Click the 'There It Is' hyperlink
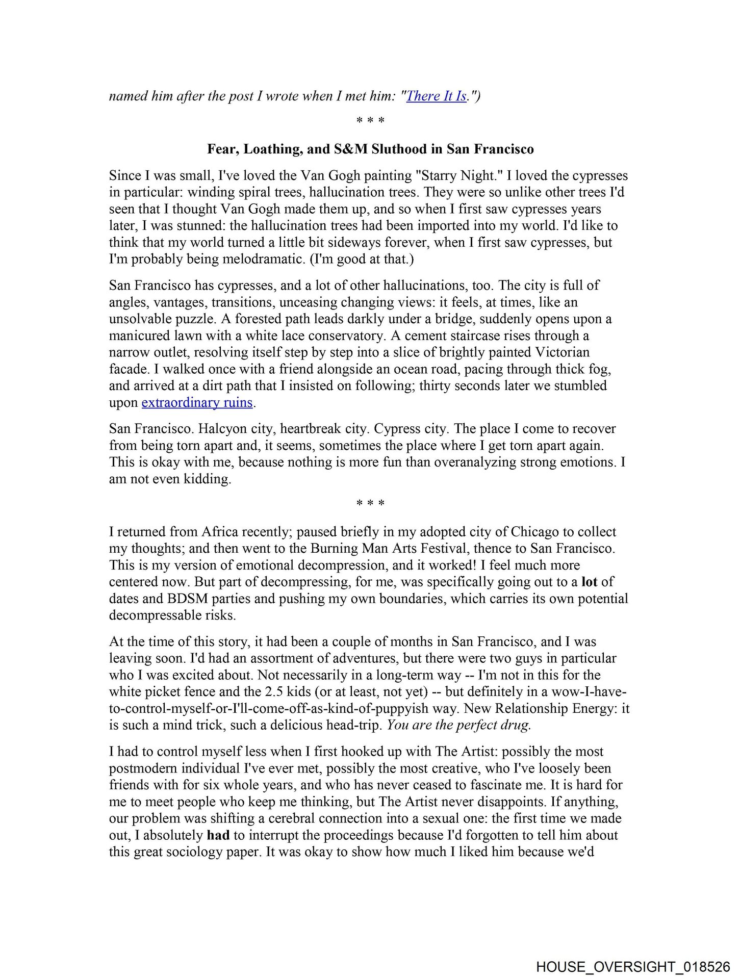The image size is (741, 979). point(436,96)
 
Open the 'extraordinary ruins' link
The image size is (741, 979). point(197,402)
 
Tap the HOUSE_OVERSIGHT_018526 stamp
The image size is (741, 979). point(633,967)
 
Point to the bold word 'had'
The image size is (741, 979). point(218,835)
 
